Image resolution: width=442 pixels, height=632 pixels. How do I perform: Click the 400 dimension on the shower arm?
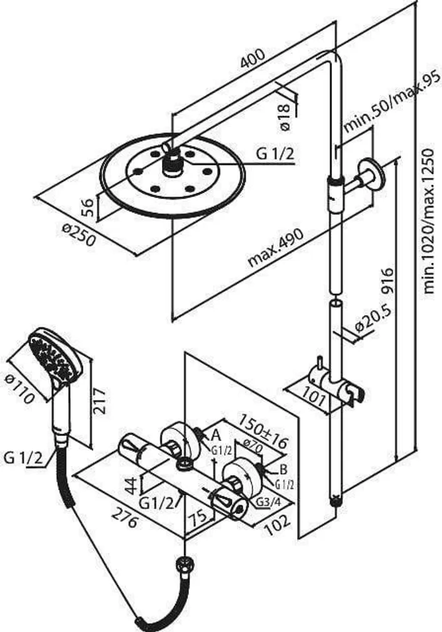[x=253, y=59]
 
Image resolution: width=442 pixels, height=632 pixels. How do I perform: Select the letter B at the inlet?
[x=283, y=468]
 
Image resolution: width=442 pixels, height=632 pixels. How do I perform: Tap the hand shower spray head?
[x=54, y=354]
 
